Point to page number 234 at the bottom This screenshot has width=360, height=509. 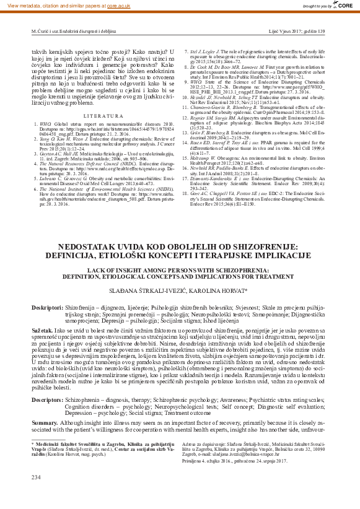(35, 494)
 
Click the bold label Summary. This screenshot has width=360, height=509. (45, 439)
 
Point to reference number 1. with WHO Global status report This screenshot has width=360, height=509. (34, 125)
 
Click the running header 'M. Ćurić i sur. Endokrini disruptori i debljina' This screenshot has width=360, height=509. (74, 30)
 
